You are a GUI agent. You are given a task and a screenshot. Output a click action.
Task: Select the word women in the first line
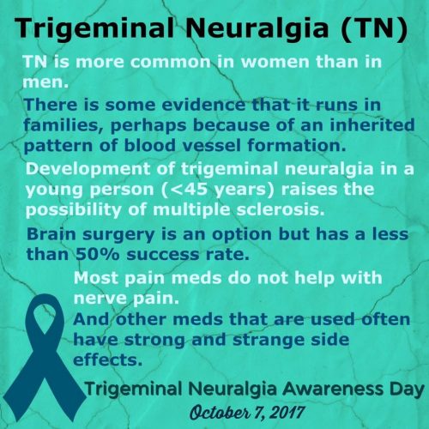[275, 62]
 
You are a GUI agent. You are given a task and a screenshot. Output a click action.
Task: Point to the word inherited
[372, 124]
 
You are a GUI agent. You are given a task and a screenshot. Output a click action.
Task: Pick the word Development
[88, 169]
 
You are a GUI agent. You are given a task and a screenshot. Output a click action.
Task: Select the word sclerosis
[281, 210]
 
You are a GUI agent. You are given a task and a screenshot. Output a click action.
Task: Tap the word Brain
[51, 234]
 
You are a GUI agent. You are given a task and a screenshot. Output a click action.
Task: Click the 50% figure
[97, 254]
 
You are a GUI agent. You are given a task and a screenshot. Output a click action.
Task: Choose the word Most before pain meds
[96, 278]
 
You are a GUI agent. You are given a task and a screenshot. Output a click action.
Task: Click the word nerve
[100, 299]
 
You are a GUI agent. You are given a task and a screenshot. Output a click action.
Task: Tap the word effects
[107, 360]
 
